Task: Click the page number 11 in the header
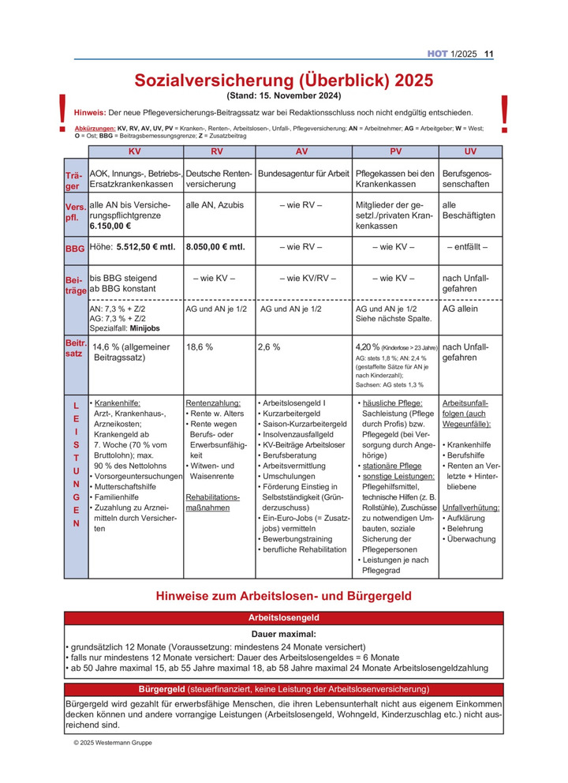tap(488, 54)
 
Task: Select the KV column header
tap(135, 151)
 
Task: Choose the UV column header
tap(470, 151)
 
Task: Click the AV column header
tap(302, 151)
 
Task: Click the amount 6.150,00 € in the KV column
tap(111, 225)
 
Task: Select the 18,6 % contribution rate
tap(200, 347)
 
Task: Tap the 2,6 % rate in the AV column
tap(269, 347)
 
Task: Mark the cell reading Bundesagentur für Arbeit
tap(304, 173)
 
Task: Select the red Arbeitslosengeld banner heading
tap(284, 617)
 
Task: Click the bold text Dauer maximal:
tap(284, 634)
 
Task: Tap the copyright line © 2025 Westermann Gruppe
tap(113, 743)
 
